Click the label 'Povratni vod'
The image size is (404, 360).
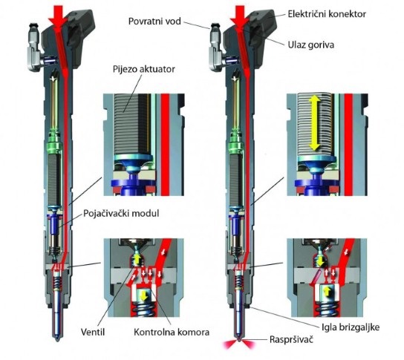click(154, 21)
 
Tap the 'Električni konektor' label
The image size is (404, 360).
click(327, 13)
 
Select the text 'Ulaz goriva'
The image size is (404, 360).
click(310, 45)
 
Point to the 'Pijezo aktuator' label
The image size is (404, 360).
click(144, 69)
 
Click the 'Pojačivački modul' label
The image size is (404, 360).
click(121, 214)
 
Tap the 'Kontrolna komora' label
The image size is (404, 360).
click(172, 332)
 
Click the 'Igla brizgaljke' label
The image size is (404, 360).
click(351, 327)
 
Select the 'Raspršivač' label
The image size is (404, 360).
click(291, 339)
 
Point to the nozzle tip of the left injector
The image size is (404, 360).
click(58, 338)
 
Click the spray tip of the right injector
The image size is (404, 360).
click(239, 339)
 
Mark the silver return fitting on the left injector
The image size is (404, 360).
click(35, 48)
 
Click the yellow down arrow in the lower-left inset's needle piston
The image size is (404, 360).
click(144, 295)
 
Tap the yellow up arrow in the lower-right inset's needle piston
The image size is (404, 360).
click(326, 292)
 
